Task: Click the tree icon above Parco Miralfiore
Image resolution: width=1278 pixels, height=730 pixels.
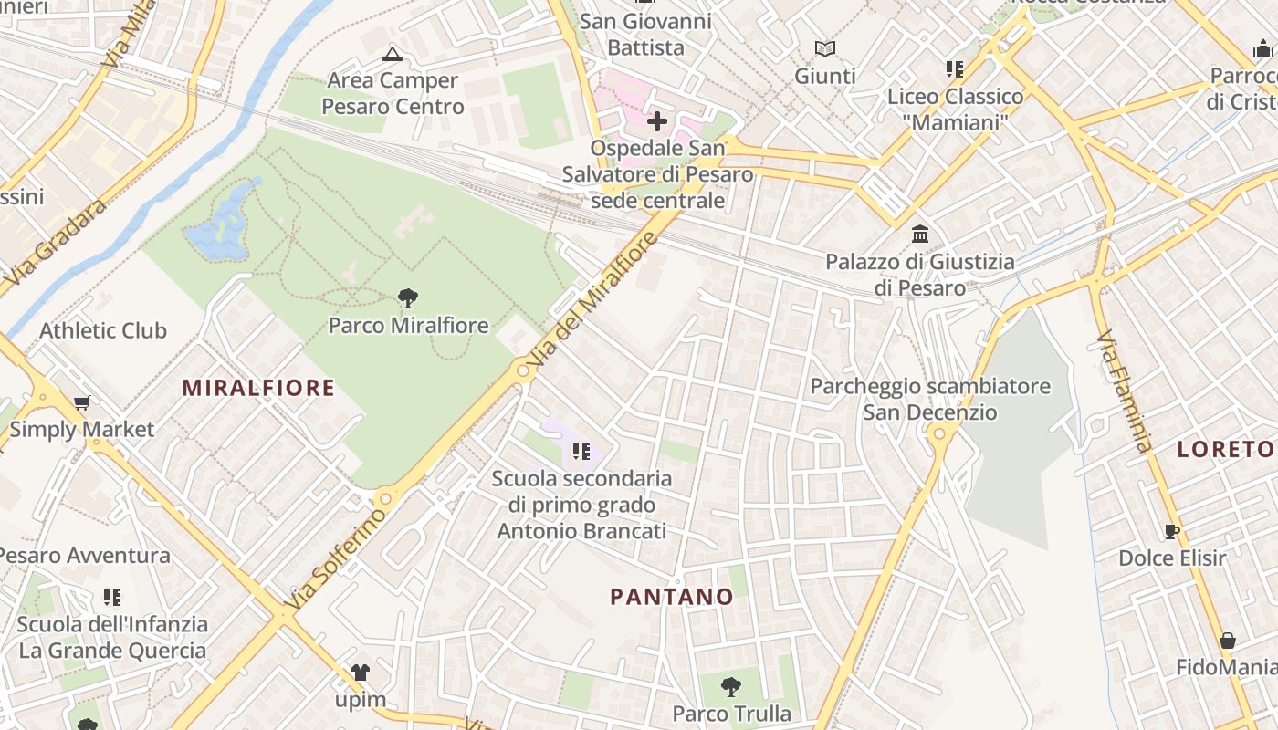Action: pos(408,297)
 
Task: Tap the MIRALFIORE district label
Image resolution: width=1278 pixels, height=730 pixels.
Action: pos(258,388)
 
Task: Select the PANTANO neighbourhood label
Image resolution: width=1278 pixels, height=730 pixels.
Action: pos(672,597)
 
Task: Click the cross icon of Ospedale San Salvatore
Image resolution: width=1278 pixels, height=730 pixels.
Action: pos(657,120)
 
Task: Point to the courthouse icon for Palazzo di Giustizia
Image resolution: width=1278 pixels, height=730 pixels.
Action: pos(920,235)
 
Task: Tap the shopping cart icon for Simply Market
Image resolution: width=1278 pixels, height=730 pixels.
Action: pos(82,402)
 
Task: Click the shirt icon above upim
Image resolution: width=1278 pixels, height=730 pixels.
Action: pos(361,673)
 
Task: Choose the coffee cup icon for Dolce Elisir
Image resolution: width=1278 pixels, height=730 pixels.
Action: pos(1172,530)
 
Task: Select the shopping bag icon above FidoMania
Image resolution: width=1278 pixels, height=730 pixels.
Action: pos(1228,641)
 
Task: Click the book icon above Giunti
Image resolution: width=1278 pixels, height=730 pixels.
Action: pos(825,48)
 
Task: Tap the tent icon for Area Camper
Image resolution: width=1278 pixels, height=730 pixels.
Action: pos(393,54)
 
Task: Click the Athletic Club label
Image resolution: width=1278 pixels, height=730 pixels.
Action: pos(103,330)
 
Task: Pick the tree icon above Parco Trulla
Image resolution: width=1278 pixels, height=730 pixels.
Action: pos(730,686)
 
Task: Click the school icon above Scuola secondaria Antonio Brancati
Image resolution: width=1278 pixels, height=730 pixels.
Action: pos(581,451)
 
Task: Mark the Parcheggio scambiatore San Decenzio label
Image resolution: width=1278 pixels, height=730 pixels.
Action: pos(930,400)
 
